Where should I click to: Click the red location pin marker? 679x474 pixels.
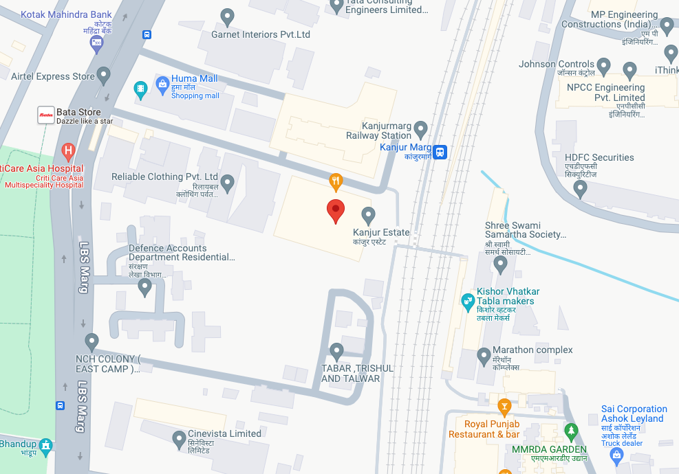(x=335, y=210)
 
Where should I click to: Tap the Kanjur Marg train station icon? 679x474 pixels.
(x=440, y=151)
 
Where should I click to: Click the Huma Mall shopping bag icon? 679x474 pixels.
(x=162, y=86)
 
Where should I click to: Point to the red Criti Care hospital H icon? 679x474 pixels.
(x=68, y=150)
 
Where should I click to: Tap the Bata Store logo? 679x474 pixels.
(x=46, y=116)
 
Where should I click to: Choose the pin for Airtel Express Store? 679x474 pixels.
(x=104, y=74)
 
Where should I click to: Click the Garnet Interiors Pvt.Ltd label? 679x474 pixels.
(x=261, y=34)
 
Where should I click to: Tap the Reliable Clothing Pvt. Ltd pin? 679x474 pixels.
(x=227, y=182)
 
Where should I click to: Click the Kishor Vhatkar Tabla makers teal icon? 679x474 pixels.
(x=468, y=300)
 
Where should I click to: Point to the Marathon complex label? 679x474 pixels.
(x=532, y=350)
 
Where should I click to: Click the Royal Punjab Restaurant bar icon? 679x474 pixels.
(x=504, y=407)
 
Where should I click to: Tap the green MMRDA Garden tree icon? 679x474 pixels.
(x=570, y=431)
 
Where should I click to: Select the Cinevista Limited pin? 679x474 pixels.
(x=179, y=438)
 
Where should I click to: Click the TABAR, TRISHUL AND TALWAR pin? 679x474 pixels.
(x=336, y=351)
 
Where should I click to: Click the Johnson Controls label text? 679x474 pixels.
(x=557, y=65)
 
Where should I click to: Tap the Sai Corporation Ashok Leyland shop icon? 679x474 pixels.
(x=616, y=454)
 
